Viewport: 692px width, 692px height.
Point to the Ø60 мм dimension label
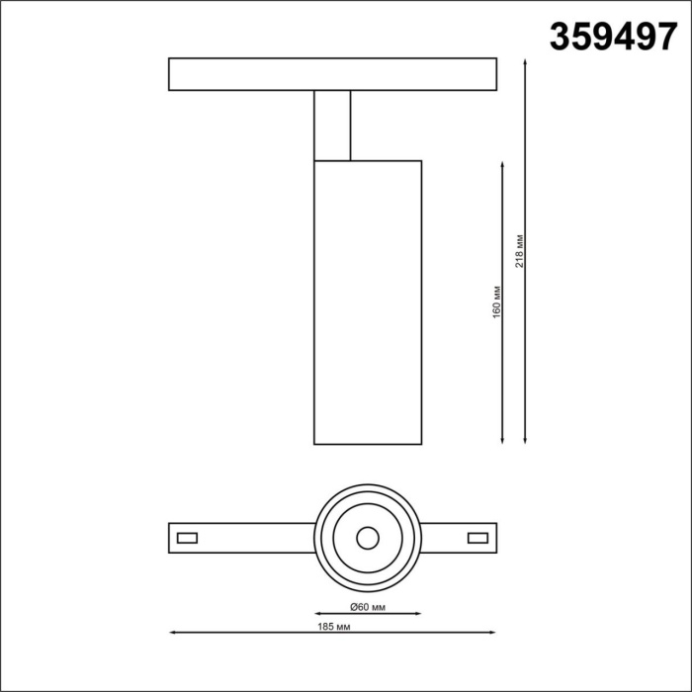tap(368, 605)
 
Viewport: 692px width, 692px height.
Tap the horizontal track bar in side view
tap(331, 74)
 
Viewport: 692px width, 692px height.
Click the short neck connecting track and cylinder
tap(331, 125)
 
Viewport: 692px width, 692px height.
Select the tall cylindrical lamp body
tap(368, 302)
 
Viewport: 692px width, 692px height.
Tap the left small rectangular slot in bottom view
tap(187, 538)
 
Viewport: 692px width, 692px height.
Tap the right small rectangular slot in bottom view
tap(477, 538)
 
